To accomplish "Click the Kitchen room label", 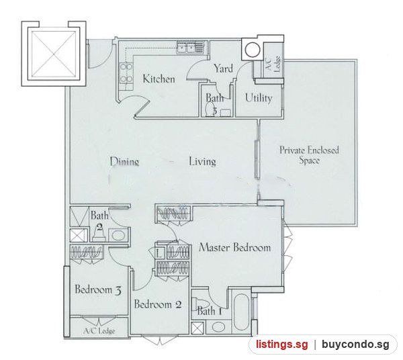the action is click(159, 79).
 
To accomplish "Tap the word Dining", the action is click(124, 162).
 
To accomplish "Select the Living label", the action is click(203, 162).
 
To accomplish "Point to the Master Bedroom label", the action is click(234, 247).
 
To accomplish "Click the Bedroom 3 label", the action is click(98, 289).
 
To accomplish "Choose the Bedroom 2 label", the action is click(158, 304).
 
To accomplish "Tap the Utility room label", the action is click(259, 98).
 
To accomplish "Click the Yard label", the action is click(224, 69).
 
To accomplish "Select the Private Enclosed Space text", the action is click(309, 155).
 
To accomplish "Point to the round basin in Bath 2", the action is click(118, 235).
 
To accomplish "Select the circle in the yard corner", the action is click(252, 50).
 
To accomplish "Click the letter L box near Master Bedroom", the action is click(159, 254).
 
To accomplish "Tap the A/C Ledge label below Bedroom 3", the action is click(99, 330).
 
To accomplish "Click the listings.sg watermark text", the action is click(281, 345).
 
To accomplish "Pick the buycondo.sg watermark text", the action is click(355, 345).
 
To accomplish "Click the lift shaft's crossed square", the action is click(54, 54).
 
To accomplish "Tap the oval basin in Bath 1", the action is click(218, 327).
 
